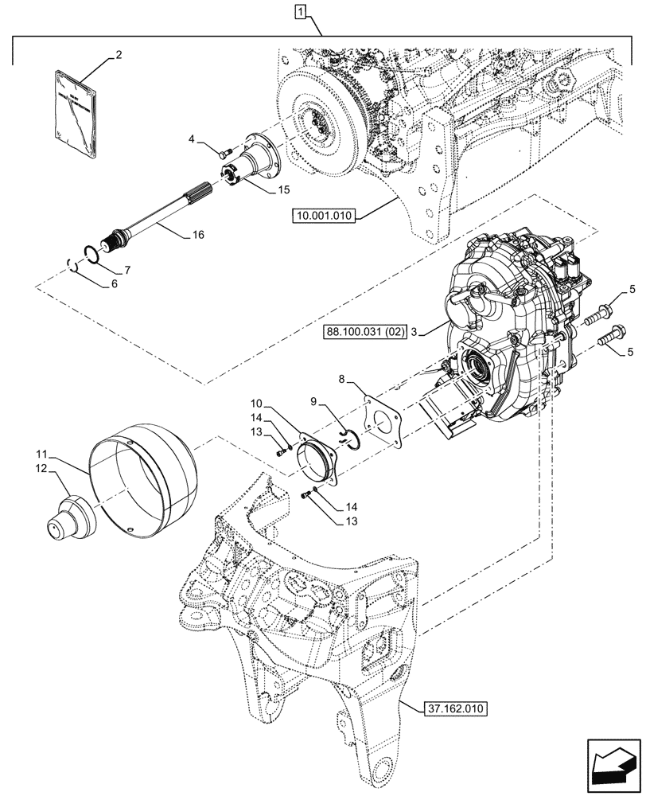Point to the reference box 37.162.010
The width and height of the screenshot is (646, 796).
point(449,707)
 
